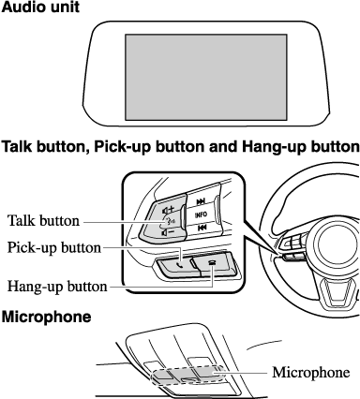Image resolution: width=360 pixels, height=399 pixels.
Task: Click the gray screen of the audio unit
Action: pos(206,77)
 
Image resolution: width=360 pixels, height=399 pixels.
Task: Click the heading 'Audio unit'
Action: pos(40,7)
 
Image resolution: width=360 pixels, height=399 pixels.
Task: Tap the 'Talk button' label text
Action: pos(43,221)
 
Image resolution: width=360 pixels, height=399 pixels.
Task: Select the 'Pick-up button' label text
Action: pos(54,247)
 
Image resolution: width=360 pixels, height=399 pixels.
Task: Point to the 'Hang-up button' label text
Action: pos(57,287)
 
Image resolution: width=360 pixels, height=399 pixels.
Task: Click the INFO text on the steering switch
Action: pos(201,214)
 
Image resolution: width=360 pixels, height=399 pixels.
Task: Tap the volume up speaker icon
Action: pos(168,210)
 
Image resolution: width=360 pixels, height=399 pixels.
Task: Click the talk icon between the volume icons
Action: pos(169,221)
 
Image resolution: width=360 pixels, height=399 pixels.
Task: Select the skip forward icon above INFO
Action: pos(201,201)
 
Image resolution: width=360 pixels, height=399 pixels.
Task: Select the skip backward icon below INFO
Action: pos(202,229)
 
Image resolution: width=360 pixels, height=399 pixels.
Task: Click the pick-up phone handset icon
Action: pos(179,266)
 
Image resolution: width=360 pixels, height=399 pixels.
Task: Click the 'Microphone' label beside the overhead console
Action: pos(311,372)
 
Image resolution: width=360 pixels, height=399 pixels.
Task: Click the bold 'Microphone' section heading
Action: pos(47,317)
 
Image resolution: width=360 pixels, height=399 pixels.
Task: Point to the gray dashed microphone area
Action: pos(187,375)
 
